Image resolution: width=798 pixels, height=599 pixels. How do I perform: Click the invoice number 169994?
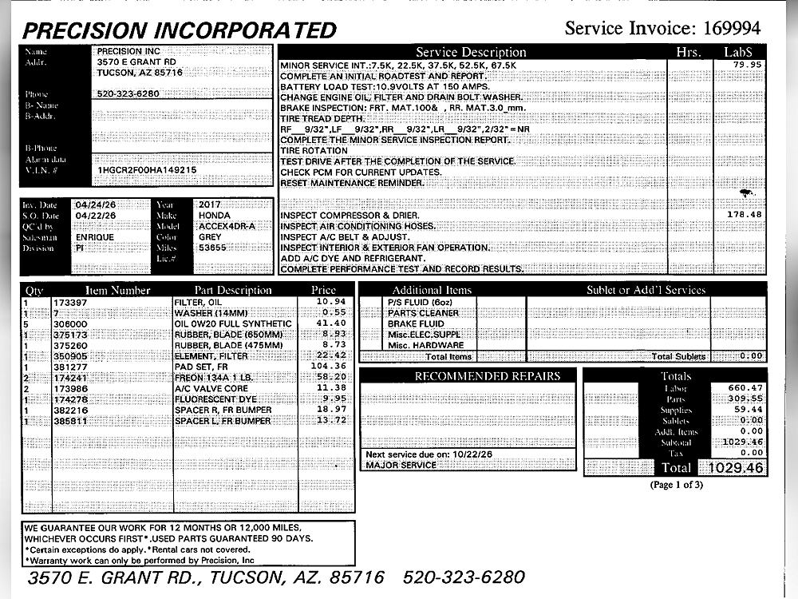tap(732, 29)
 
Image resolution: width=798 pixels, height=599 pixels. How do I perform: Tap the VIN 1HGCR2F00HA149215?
tap(147, 170)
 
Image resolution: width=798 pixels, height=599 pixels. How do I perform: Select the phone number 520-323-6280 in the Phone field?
tap(128, 93)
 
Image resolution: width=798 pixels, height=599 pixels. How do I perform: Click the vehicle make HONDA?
tap(214, 216)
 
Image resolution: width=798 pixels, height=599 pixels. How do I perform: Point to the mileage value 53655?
tap(213, 248)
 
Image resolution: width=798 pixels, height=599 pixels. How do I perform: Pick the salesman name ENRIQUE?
tap(95, 237)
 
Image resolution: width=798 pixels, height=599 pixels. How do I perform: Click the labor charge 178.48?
tap(745, 215)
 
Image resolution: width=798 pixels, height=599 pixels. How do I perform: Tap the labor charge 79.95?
tap(748, 65)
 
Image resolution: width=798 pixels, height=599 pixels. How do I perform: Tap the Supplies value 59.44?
tap(745, 410)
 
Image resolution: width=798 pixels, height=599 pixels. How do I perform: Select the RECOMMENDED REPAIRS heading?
tap(465, 376)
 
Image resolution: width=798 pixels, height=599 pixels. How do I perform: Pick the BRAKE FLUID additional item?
tap(415, 324)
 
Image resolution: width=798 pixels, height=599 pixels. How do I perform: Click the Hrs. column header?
tap(688, 53)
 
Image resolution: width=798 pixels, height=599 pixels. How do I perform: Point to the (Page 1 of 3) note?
tap(677, 485)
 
